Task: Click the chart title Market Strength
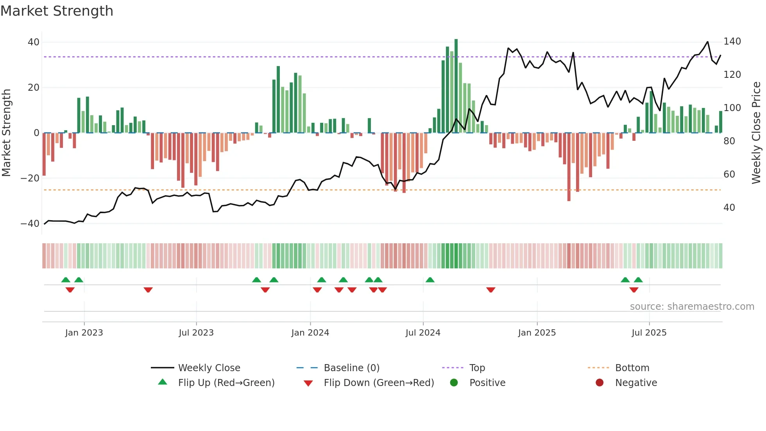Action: tap(57, 11)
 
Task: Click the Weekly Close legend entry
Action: tap(209, 368)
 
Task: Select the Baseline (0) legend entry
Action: tap(351, 368)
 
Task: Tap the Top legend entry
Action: tap(477, 368)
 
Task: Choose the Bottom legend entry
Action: tap(632, 368)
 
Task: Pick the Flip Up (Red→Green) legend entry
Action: tap(226, 383)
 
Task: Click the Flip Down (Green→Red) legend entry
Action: tap(378, 383)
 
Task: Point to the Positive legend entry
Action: tap(487, 383)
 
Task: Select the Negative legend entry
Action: tap(636, 383)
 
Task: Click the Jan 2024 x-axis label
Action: tap(310, 333)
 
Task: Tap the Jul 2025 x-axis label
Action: tap(649, 333)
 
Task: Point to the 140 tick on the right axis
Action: tap(732, 41)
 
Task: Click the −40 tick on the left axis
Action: tap(30, 224)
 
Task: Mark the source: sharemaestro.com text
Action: tap(692, 307)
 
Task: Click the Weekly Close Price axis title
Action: tap(756, 133)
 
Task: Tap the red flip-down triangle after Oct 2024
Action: tap(491, 290)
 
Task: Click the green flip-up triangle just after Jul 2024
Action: tap(430, 280)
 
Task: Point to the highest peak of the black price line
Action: tap(707, 42)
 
